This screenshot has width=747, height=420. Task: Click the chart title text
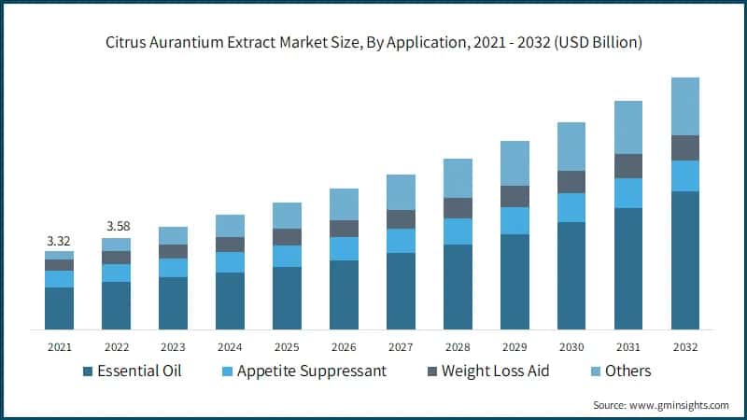point(373,43)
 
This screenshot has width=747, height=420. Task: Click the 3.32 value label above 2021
point(59,241)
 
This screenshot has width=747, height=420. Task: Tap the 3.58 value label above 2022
point(116,227)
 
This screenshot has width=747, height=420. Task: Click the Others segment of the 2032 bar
point(685,105)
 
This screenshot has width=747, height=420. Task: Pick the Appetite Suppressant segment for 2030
point(571,207)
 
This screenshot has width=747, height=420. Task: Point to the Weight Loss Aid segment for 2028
point(457,207)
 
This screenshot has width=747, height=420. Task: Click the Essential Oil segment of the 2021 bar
point(59,308)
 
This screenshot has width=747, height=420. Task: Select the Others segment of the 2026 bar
point(344,203)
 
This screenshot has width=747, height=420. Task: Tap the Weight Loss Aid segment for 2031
point(627,165)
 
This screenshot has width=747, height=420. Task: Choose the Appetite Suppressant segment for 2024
point(230,262)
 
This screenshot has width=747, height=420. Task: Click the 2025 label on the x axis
point(287,346)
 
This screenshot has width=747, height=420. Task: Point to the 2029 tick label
point(514,346)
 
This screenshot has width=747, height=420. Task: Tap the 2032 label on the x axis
point(685,346)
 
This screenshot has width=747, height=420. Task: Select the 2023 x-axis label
point(173,346)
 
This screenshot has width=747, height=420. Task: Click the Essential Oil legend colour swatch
point(89,371)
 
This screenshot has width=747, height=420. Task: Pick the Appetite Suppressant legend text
point(311,371)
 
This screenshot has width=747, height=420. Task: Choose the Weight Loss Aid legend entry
point(495,371)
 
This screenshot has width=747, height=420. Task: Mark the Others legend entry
point(627,371)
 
